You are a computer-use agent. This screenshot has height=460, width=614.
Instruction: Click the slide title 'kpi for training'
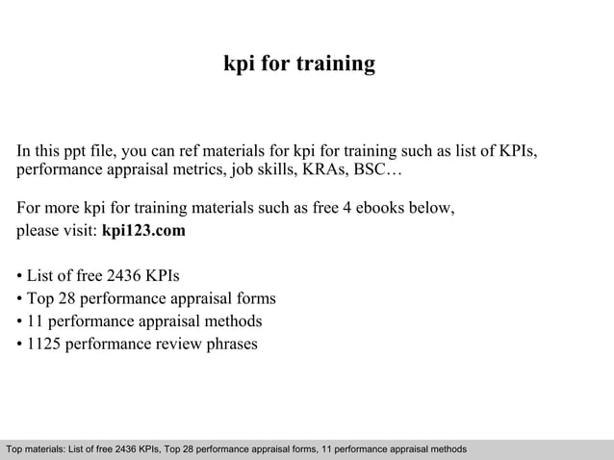[x=298, y=65]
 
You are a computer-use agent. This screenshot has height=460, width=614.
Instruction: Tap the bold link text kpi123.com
[x=143, y=232]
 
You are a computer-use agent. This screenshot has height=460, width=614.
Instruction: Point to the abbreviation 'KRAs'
[x=324, y=171]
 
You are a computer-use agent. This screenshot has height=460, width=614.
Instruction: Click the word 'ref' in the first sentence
[x=207, y=151]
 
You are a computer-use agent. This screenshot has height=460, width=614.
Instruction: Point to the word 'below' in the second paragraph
[x=429, y=208]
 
